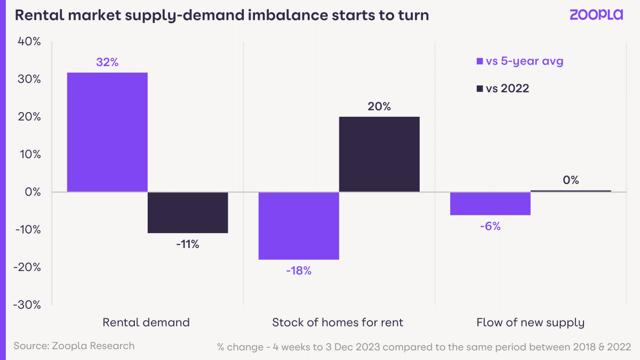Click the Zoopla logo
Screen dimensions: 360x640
pos(596,14)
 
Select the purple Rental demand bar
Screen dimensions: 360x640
pos(107,132)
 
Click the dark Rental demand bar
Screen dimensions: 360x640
pos(188,212)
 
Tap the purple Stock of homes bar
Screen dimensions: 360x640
pos(299,226)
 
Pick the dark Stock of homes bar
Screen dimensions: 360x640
pos(379,154)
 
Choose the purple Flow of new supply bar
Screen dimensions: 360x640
pos(490,203)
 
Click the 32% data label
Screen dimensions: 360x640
pos(107,62)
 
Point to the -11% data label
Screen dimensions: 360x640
pos(188,244)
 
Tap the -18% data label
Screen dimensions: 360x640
pos(299,270)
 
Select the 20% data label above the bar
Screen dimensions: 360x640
pos(379,107)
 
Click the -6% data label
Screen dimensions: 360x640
pos(490,226)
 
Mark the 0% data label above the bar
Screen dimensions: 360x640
pos(571,180)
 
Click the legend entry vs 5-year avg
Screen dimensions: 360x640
pos(519,61)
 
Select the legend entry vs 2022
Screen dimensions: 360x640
pos(502,89)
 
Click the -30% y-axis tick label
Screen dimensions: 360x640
pos(27,305)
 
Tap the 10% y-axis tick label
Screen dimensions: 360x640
pos(30,154)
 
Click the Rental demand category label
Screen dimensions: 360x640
pos(146,322)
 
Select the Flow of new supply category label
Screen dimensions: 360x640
pos(530,322)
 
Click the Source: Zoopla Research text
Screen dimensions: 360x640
pos(74,346)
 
